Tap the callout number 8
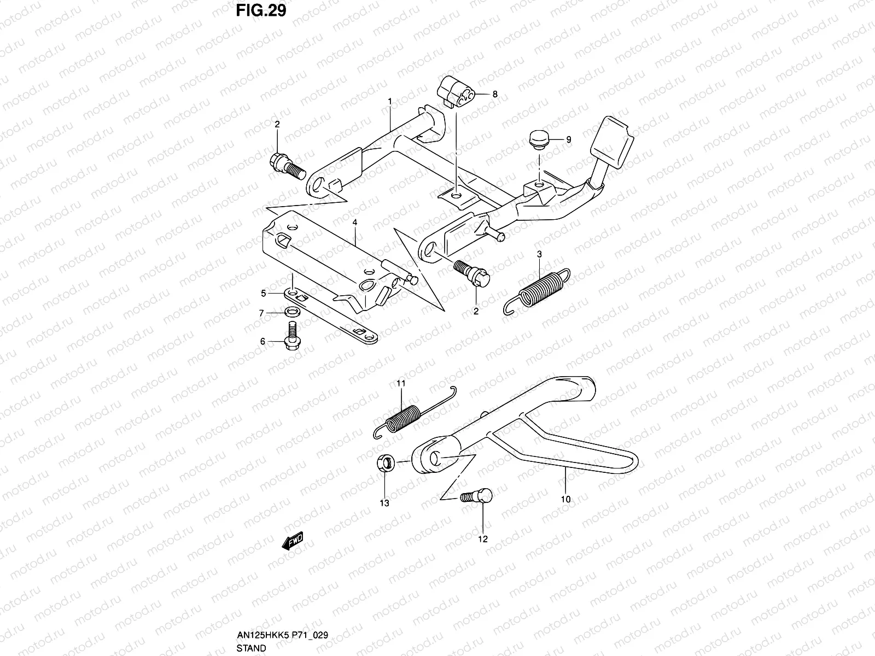(x=495, y=94)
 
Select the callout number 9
(x=569, y=140)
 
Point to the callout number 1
(x=405, y=101)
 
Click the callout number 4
(x=354, y=222)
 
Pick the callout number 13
(x=384, y=503)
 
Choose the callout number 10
(x=565, y=499)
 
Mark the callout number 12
(x=482, y=539)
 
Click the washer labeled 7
(x=291, y=313)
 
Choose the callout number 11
(x=401, y=384)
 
